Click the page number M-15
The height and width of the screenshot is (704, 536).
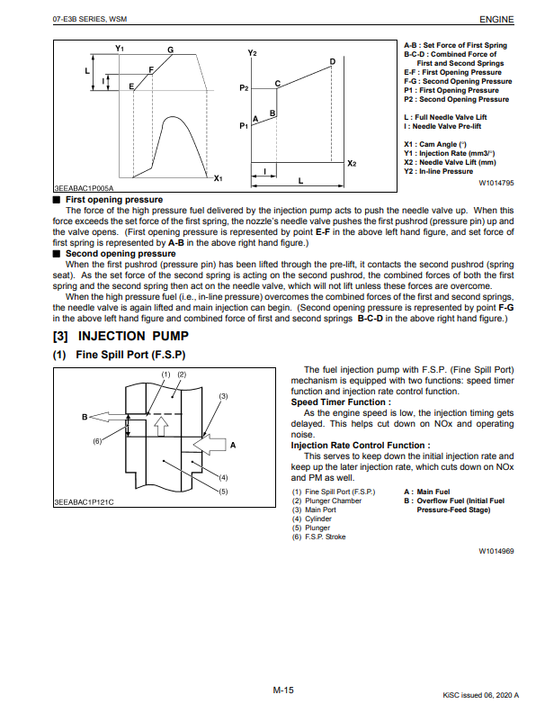[283, 690]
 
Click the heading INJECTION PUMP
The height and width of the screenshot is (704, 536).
[133, 336]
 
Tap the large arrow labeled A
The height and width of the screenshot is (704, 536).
[210, 445]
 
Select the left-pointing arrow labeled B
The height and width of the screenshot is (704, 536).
[106, 417]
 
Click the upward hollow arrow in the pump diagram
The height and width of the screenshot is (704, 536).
[161, 426]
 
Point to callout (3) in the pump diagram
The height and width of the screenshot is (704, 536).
[223, 396]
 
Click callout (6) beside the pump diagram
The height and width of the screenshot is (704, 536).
[97, 441]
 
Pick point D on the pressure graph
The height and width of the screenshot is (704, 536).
[333, 61]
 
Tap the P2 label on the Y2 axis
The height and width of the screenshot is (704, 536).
[244, 88]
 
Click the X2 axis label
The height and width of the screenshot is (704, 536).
[352, 164]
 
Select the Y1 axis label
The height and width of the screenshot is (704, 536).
[120, 48]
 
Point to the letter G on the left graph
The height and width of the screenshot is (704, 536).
[171, 50]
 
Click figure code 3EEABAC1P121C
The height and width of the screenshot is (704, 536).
[84, 502]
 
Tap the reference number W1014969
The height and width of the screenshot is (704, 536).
[496, 551]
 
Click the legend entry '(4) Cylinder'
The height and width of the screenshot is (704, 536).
[312, 519]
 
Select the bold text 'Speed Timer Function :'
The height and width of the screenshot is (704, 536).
[341, 402]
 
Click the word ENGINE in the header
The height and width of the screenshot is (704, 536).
[496, 19]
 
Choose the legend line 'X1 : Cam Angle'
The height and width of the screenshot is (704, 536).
[435, 144]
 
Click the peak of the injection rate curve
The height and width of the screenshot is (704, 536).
[171, 117]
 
